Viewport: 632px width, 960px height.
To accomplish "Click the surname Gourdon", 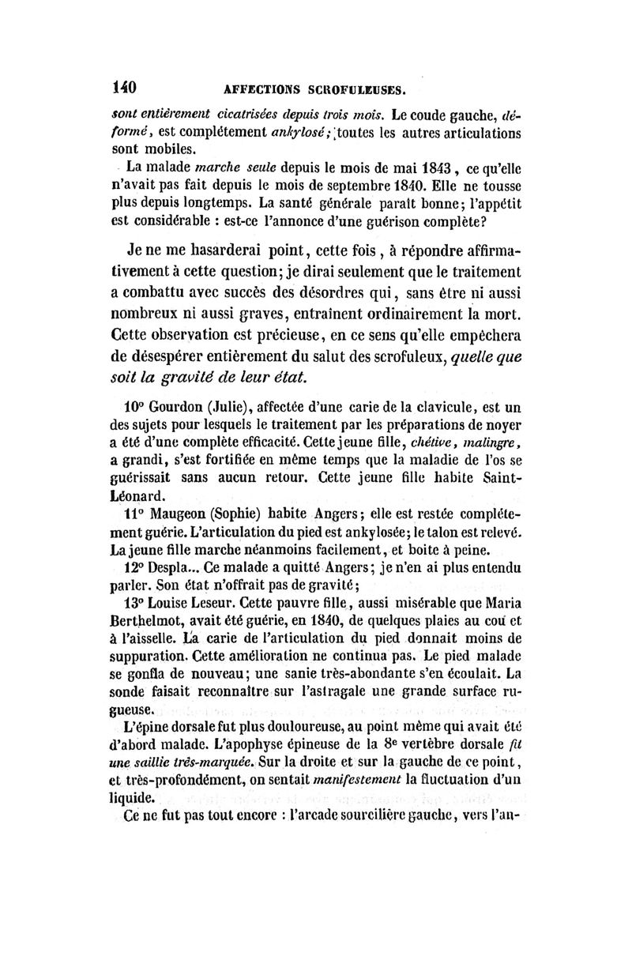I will coord(179,408).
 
